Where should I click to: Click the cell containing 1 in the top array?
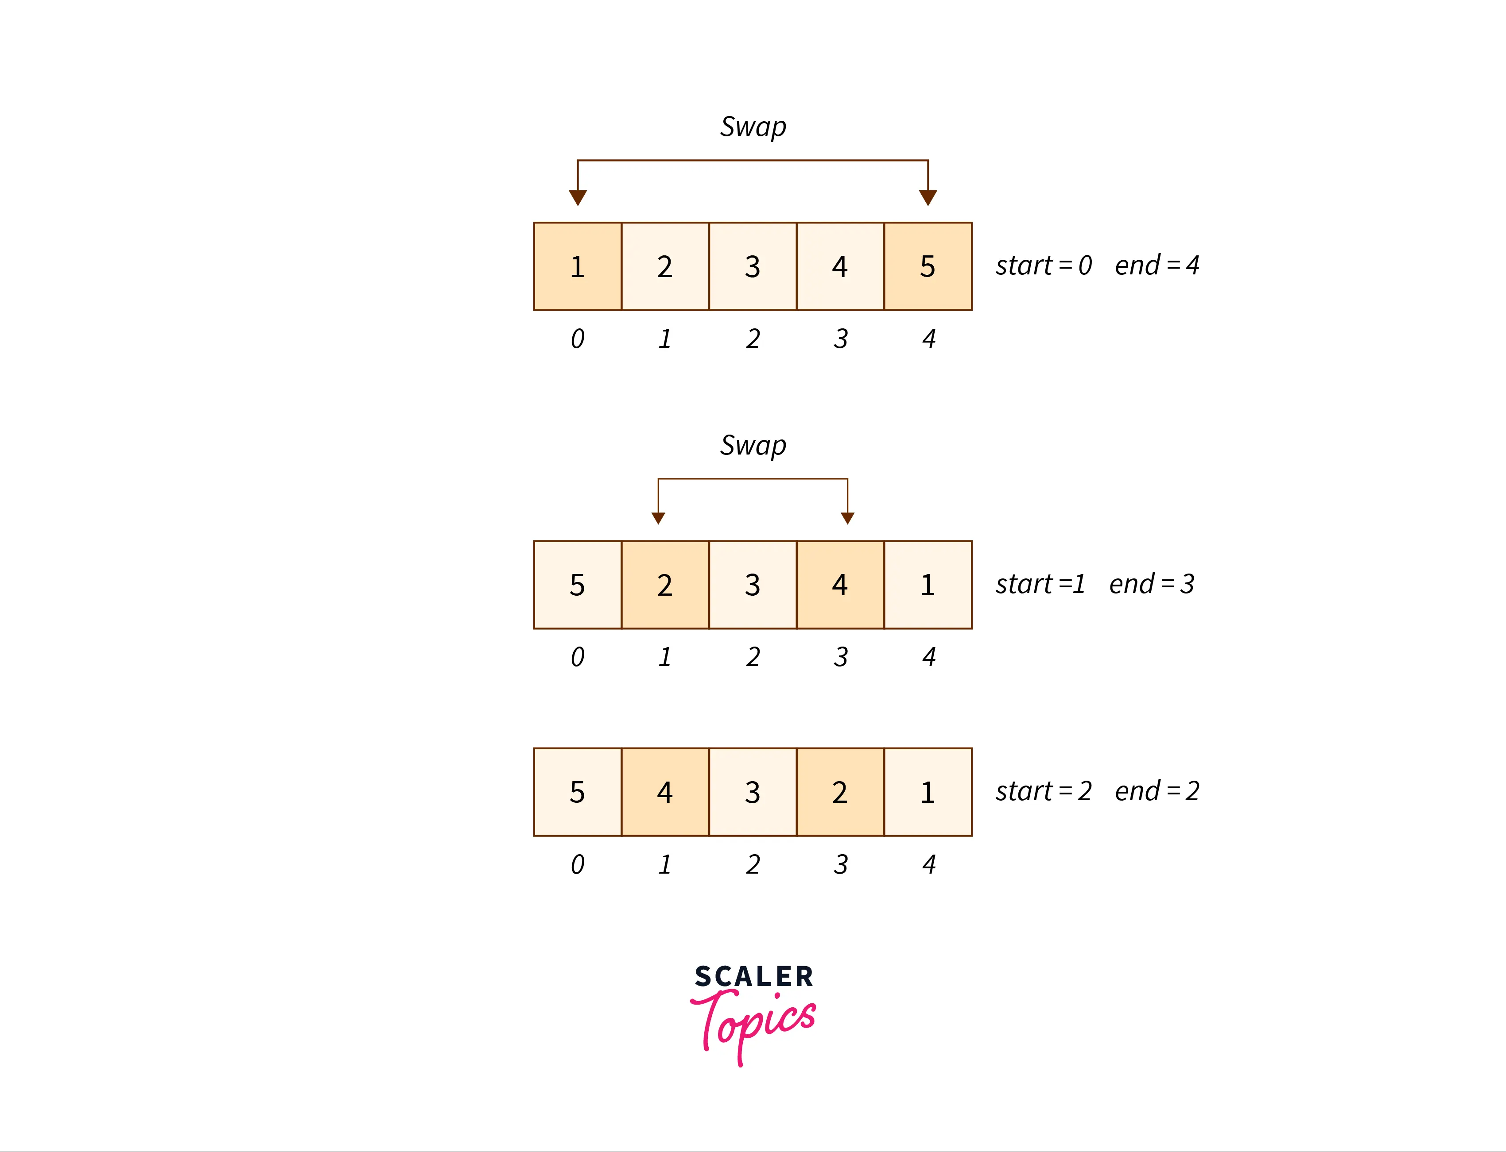pyautogui.click(x=578, y=266)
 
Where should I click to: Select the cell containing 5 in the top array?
pyautogui.click(x=928, y=266)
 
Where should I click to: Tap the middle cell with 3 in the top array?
pyautogui.click(x=753, y=266)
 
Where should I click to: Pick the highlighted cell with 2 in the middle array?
pyautogui.click(x=665, y=585)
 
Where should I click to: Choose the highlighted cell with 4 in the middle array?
pyautogui.click(x=840, y=585)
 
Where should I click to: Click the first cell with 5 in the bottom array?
pyautogui.click(x=578, y=792)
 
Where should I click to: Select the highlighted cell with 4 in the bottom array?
pyautogui.click(x=665, y=792)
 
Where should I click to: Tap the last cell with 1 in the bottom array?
pyautogui.click(x=928, y=792)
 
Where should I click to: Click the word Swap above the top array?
pyautogui.click(x=753, y=127)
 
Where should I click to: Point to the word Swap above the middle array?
pyautogui.click(x=753, y=446)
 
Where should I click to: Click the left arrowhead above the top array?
pyautogui.click(x=578, y=197)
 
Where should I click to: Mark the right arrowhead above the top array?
pyautogui.click(x=928, y=197)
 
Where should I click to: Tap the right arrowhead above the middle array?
pyautogui.click(x=847, y=518)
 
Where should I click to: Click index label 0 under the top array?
pyautogui.click(x=578, y=339)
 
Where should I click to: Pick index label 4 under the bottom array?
pyautogui.click(x=929, y=865)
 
